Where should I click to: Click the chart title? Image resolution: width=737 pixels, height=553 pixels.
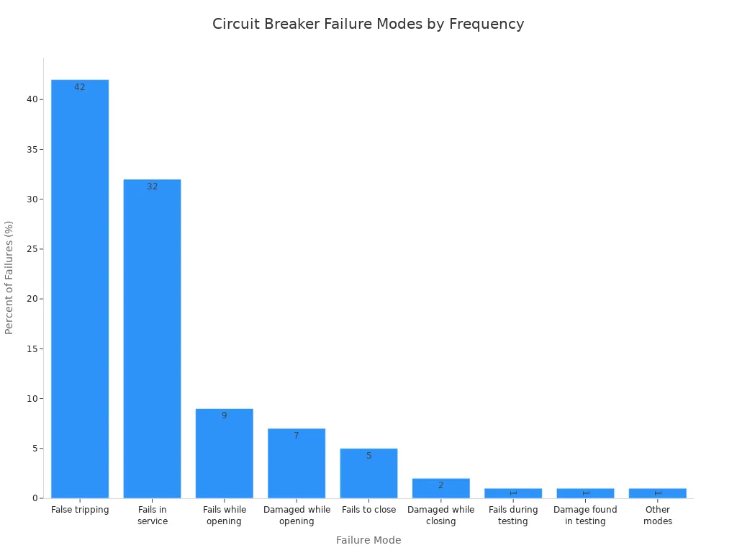click(x=368, y=24)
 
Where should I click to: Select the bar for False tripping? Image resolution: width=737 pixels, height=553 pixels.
click(x=80, y=288)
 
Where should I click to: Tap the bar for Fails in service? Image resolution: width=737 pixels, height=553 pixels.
click(x=152, y=338)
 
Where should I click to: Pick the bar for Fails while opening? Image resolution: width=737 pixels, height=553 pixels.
click(x=224, y=454)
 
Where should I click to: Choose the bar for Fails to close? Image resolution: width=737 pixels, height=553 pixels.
click(x=368, y=473)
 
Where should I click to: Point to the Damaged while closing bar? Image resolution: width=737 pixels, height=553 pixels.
click(x=440, y=488)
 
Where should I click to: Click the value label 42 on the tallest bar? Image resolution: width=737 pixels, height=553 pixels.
click(x=80, y=87)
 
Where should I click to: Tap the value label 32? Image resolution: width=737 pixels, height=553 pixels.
click(x=152, y=186)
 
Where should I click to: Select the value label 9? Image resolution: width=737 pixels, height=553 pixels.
click(x=224, y=415)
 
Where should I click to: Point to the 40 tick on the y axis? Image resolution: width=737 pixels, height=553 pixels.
click(x=32, y=99)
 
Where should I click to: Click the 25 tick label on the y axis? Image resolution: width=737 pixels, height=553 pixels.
click(x=32, y=249)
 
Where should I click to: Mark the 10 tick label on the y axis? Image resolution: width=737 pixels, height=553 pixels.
click(x=32, y=399)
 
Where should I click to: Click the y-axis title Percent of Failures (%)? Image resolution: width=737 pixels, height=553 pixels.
click(x=9, y=277)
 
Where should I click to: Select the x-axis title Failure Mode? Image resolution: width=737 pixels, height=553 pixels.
click(x=368, y=540)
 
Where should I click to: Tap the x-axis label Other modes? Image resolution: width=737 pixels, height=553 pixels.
click(x=657, y=516)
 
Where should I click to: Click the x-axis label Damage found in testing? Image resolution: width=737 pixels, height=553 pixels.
click(x=585, y=516)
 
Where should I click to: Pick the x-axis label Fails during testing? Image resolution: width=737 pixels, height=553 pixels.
click(x=513, y=516)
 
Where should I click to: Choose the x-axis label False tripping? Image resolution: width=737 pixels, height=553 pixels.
click(x=80, y=510)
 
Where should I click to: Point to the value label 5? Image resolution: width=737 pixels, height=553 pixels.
click(x=368, y=456)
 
